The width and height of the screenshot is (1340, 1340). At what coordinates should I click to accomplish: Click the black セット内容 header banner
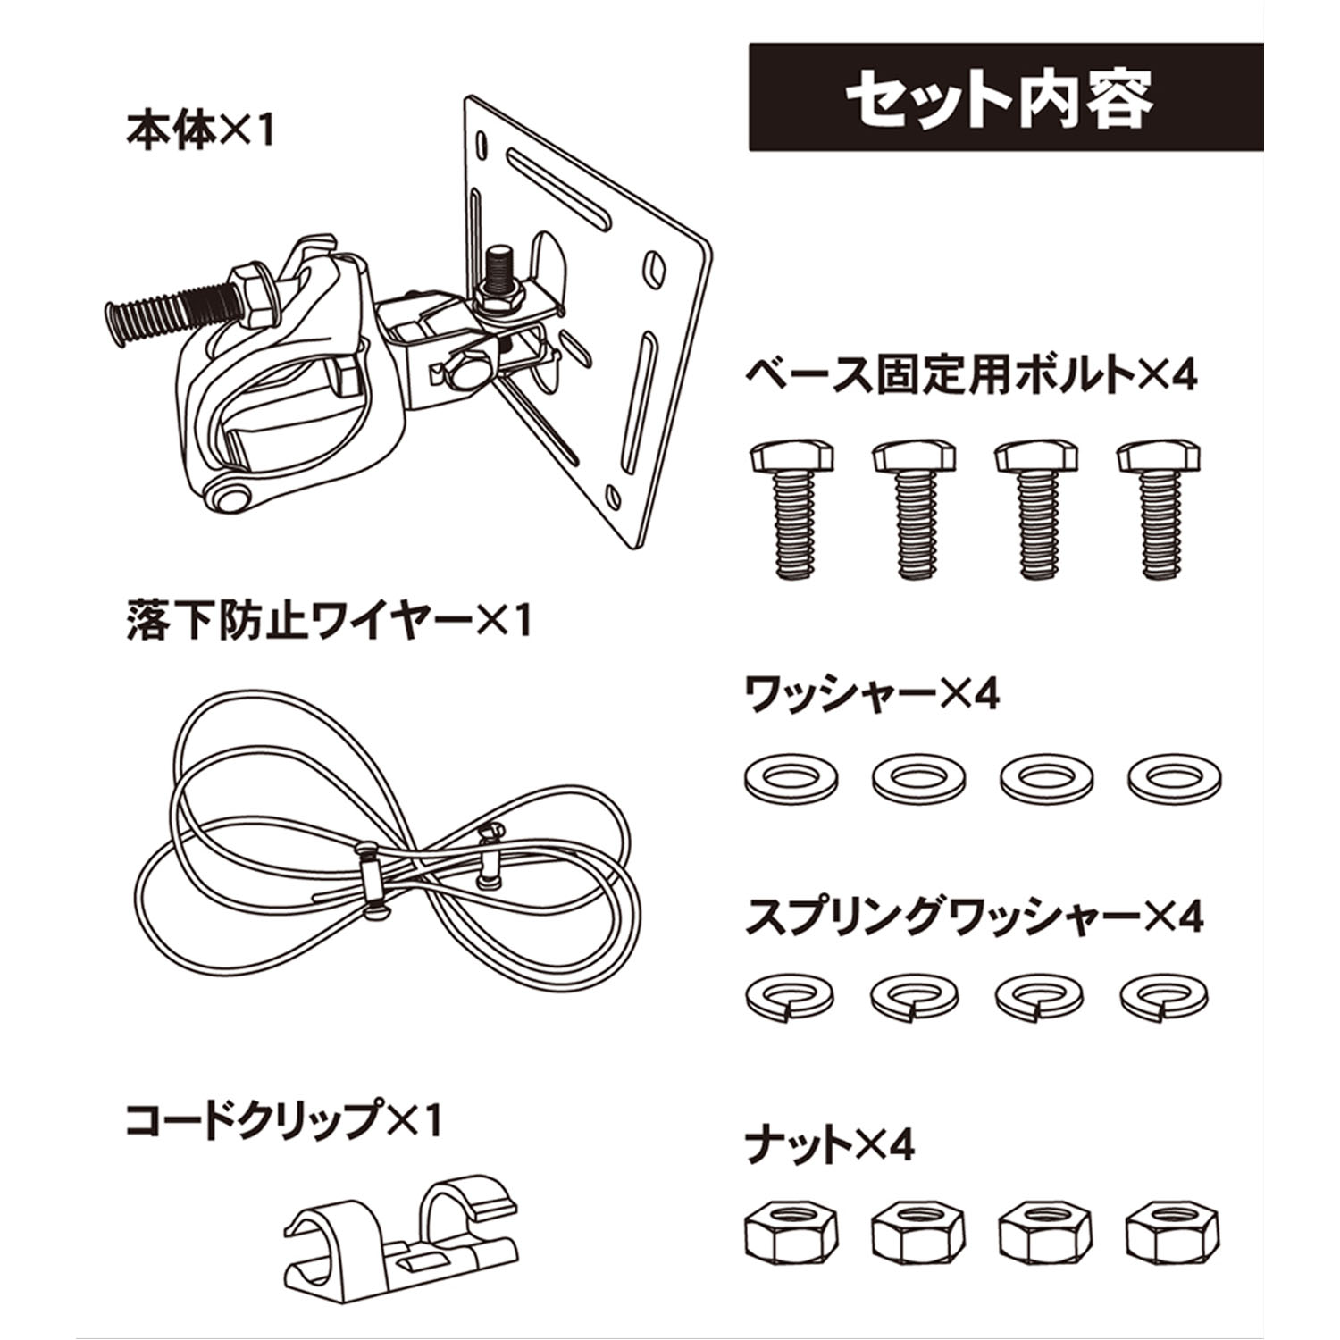[x=1005, y=96]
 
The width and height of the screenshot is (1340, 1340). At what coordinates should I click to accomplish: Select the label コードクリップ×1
[x=283, y=1119]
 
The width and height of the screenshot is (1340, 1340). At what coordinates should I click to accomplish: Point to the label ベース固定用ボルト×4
[x=970, y=375]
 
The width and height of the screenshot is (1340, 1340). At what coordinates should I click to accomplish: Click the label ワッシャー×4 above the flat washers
[x=872, y=694]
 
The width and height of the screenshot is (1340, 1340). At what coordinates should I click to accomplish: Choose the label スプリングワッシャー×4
[x=974, y=917]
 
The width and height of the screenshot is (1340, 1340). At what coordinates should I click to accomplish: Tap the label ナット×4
[x=830, y=1144]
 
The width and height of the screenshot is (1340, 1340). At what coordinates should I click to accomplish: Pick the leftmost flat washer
[x=791, y=778]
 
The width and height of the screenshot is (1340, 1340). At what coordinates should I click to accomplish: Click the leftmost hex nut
[x=785, y=1235]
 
